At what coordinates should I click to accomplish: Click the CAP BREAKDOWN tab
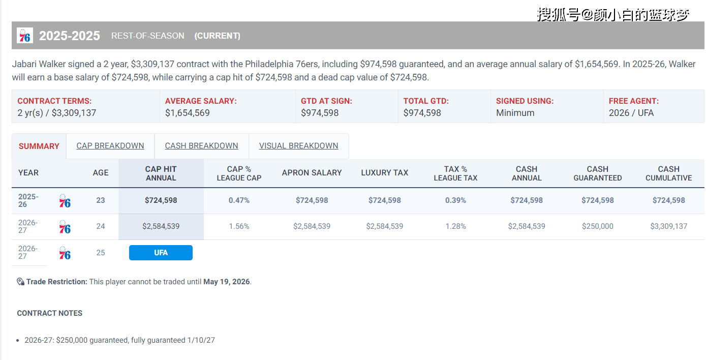(x=110, y=146)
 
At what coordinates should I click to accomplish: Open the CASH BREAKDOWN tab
(x=201, y=146)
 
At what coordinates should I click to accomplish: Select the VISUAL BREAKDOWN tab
(x=298, y=146)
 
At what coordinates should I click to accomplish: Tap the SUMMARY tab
(x=39, y=146)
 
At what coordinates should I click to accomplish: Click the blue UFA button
(x=161, y=253)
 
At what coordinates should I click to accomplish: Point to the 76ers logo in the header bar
(x=25, y=36)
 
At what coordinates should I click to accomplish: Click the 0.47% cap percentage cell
(x=239, y=200)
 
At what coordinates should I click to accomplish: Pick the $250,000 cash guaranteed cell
(x=597, y=226)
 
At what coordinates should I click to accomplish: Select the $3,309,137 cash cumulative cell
(x=668, y=226)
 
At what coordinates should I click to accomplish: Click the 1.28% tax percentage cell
(x=455, y=226)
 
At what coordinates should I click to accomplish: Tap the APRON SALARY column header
(x=312, y=173)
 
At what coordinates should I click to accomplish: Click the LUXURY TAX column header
(x=384, y=173)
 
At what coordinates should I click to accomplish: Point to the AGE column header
(x=101, y=173)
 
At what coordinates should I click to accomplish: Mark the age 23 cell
(x=101, y=200)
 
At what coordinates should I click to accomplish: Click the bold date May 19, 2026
(x=226, y=282)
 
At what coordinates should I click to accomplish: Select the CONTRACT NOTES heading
(x=50, y=313)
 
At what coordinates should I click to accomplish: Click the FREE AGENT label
(x=633, y=101)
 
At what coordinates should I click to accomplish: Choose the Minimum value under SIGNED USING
(x=515, y=113)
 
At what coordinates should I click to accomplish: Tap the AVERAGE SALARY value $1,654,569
(x=187, y=113)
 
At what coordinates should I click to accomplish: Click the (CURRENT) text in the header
(x=217, y=36)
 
